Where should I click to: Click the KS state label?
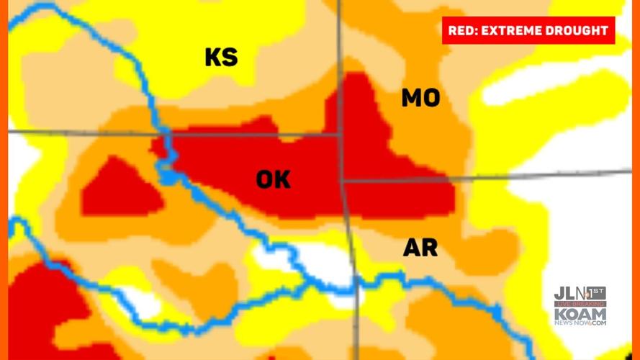(221, 57)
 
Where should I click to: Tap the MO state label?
(420, 98)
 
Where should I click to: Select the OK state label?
(273, 179)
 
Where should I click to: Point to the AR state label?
(420, 248)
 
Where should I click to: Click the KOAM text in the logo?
(580, 314)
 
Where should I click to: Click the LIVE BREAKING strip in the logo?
(580, 305)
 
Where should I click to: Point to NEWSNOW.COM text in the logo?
(580, 323)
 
